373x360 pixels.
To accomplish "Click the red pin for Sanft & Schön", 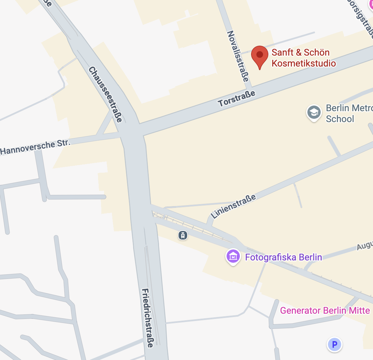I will coord(260,55).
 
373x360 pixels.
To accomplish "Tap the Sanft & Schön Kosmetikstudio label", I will coord(303,58).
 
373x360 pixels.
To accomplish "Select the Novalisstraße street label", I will coord(238,56).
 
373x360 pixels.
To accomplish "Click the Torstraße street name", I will coord(237,98).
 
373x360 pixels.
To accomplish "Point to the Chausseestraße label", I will coord(105,94).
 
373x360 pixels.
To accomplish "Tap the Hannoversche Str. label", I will coord(35,147).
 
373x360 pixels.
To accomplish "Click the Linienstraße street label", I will coord(234,206).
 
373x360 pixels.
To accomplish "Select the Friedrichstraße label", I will coord(147,318).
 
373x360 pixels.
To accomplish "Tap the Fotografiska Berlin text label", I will coord(283,257).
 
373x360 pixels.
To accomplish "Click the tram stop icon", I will coord(183,235).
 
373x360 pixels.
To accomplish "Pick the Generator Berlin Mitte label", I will coord(325,310).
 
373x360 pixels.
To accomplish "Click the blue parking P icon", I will coord(335,344).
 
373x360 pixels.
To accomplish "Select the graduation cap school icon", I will coord(314,113).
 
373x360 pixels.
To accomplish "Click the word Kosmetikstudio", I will coord(303,63).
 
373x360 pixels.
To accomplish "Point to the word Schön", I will coord(317,53).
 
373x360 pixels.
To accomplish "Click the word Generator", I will coord(300,310).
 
